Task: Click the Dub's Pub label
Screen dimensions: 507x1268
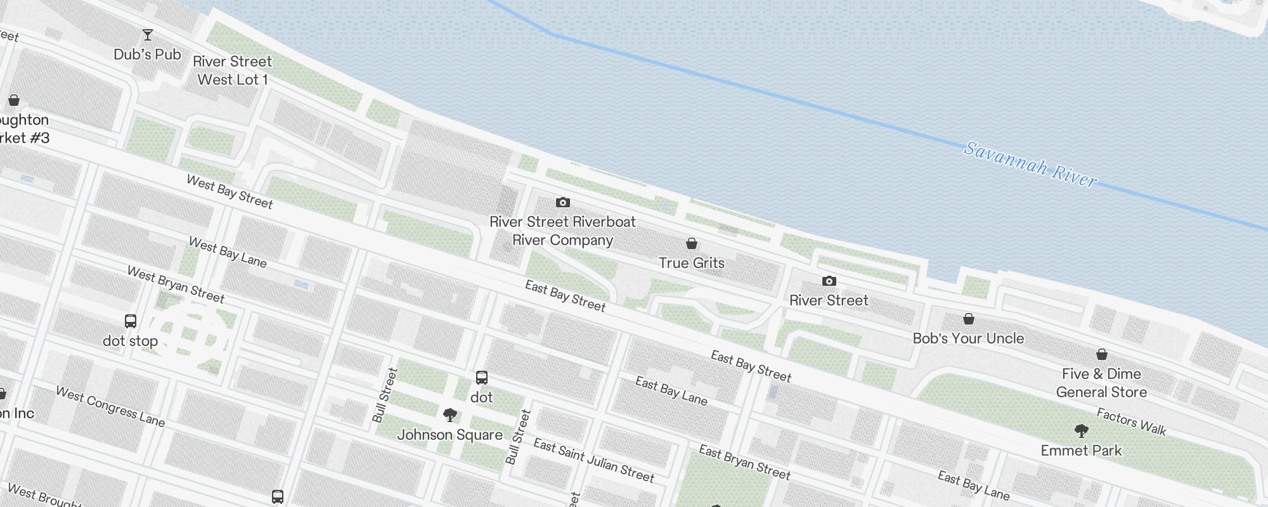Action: (x=147, y=55)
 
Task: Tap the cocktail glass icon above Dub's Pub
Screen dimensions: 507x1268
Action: (x=148, y=35)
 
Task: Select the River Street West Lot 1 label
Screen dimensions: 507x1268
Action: (x=232, y=70)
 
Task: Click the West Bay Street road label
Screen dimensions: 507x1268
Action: (x=230, y=192)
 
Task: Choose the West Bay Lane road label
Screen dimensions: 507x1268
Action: (x=228, y=252)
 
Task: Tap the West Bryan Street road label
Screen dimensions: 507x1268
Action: (x=176, y=285)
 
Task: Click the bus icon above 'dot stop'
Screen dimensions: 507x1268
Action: (x=131, y=321)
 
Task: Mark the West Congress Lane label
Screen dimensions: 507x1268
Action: (x=110, y=406)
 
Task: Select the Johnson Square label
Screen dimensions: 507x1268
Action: (x=450, y=435)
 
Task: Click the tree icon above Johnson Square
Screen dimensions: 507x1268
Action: (x=450, y=416)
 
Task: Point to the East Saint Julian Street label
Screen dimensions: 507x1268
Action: (x=593, y=460)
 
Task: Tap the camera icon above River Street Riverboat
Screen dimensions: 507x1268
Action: (x=563, y=203)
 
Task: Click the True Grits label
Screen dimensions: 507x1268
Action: (x=691, y=263)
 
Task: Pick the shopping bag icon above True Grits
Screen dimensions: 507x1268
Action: (x=692, y=243)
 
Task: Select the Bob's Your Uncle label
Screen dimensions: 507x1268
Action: (x=968, y=338)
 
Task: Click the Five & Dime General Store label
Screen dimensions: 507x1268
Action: (x=1101, y=383)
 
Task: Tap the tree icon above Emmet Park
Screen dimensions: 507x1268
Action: (x=1082, y=432)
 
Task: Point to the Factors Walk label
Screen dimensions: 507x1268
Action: (x=1132, y=422)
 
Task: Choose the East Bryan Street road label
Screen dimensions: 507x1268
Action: (x=744, y=462)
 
